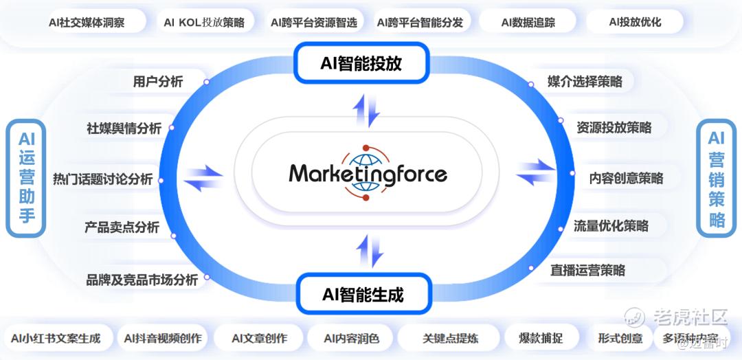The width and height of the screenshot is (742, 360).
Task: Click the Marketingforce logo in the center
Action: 368,173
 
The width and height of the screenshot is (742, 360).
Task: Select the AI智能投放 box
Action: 361,63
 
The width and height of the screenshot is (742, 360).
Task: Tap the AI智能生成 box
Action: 363,295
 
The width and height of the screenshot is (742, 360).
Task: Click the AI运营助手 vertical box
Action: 26,178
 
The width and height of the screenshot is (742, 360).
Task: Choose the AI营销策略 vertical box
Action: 717,178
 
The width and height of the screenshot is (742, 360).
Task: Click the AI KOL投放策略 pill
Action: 204,22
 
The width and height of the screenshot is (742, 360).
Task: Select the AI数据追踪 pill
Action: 528,22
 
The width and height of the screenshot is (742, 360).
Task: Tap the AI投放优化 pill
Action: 635,22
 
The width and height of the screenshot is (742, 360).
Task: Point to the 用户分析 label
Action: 158,82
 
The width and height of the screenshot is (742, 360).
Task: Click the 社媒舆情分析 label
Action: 124,128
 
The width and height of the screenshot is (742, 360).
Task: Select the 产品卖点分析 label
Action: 122,227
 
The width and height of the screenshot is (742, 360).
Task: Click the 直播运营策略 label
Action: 587,270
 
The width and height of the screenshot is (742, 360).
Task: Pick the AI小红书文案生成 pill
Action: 56,338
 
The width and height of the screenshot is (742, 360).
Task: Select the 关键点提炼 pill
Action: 451,338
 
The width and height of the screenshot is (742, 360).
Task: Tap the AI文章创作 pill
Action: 259,338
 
